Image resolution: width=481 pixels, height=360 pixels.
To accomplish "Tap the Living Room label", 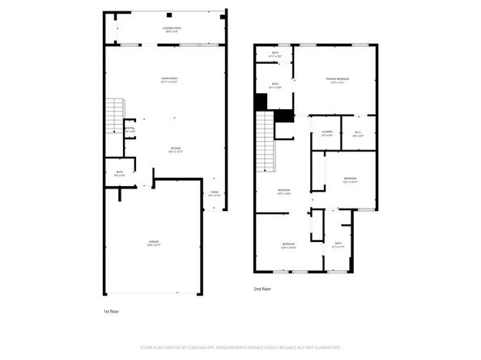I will tap(169, 79).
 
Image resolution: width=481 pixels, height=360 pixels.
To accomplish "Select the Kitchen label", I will tap(175, 149).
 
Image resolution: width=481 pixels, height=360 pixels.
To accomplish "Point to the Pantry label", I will tap(129, 129).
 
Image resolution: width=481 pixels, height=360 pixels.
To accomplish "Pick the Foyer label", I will tap(214, 194).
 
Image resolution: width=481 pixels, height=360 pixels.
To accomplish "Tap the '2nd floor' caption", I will tap(262, 288).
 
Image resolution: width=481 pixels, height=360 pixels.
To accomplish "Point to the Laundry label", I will tap(327, 133).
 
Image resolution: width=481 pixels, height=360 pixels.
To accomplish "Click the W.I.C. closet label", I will tap(357, 133).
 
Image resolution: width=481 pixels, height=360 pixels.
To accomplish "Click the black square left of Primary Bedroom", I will tap(261, 102).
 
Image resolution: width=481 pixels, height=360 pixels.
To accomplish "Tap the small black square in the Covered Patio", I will tap(168, 15).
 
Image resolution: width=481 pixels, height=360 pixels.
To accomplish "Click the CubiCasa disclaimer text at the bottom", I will tap(240, 347).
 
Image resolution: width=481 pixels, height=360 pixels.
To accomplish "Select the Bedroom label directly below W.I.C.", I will tap(348, 180).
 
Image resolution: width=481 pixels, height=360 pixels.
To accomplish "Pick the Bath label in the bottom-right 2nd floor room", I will tap(338, 244).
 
